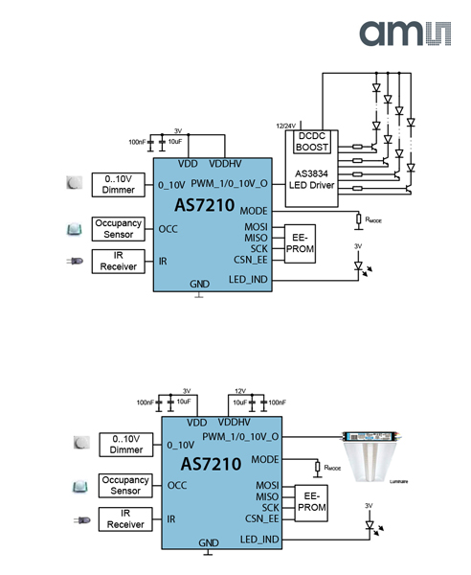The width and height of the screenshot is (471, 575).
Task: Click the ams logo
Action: coord(403,32)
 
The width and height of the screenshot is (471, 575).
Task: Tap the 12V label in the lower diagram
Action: coord(238,391)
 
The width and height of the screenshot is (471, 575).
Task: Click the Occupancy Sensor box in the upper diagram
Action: coord(117,229)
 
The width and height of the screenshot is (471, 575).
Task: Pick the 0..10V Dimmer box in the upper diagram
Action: coord(117,184)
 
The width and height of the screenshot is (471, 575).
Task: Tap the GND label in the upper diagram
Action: coord(198,285)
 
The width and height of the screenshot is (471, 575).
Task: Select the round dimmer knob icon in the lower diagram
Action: coord(79,443)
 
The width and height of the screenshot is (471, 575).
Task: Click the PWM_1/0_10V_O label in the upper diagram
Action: coord(228,182)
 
